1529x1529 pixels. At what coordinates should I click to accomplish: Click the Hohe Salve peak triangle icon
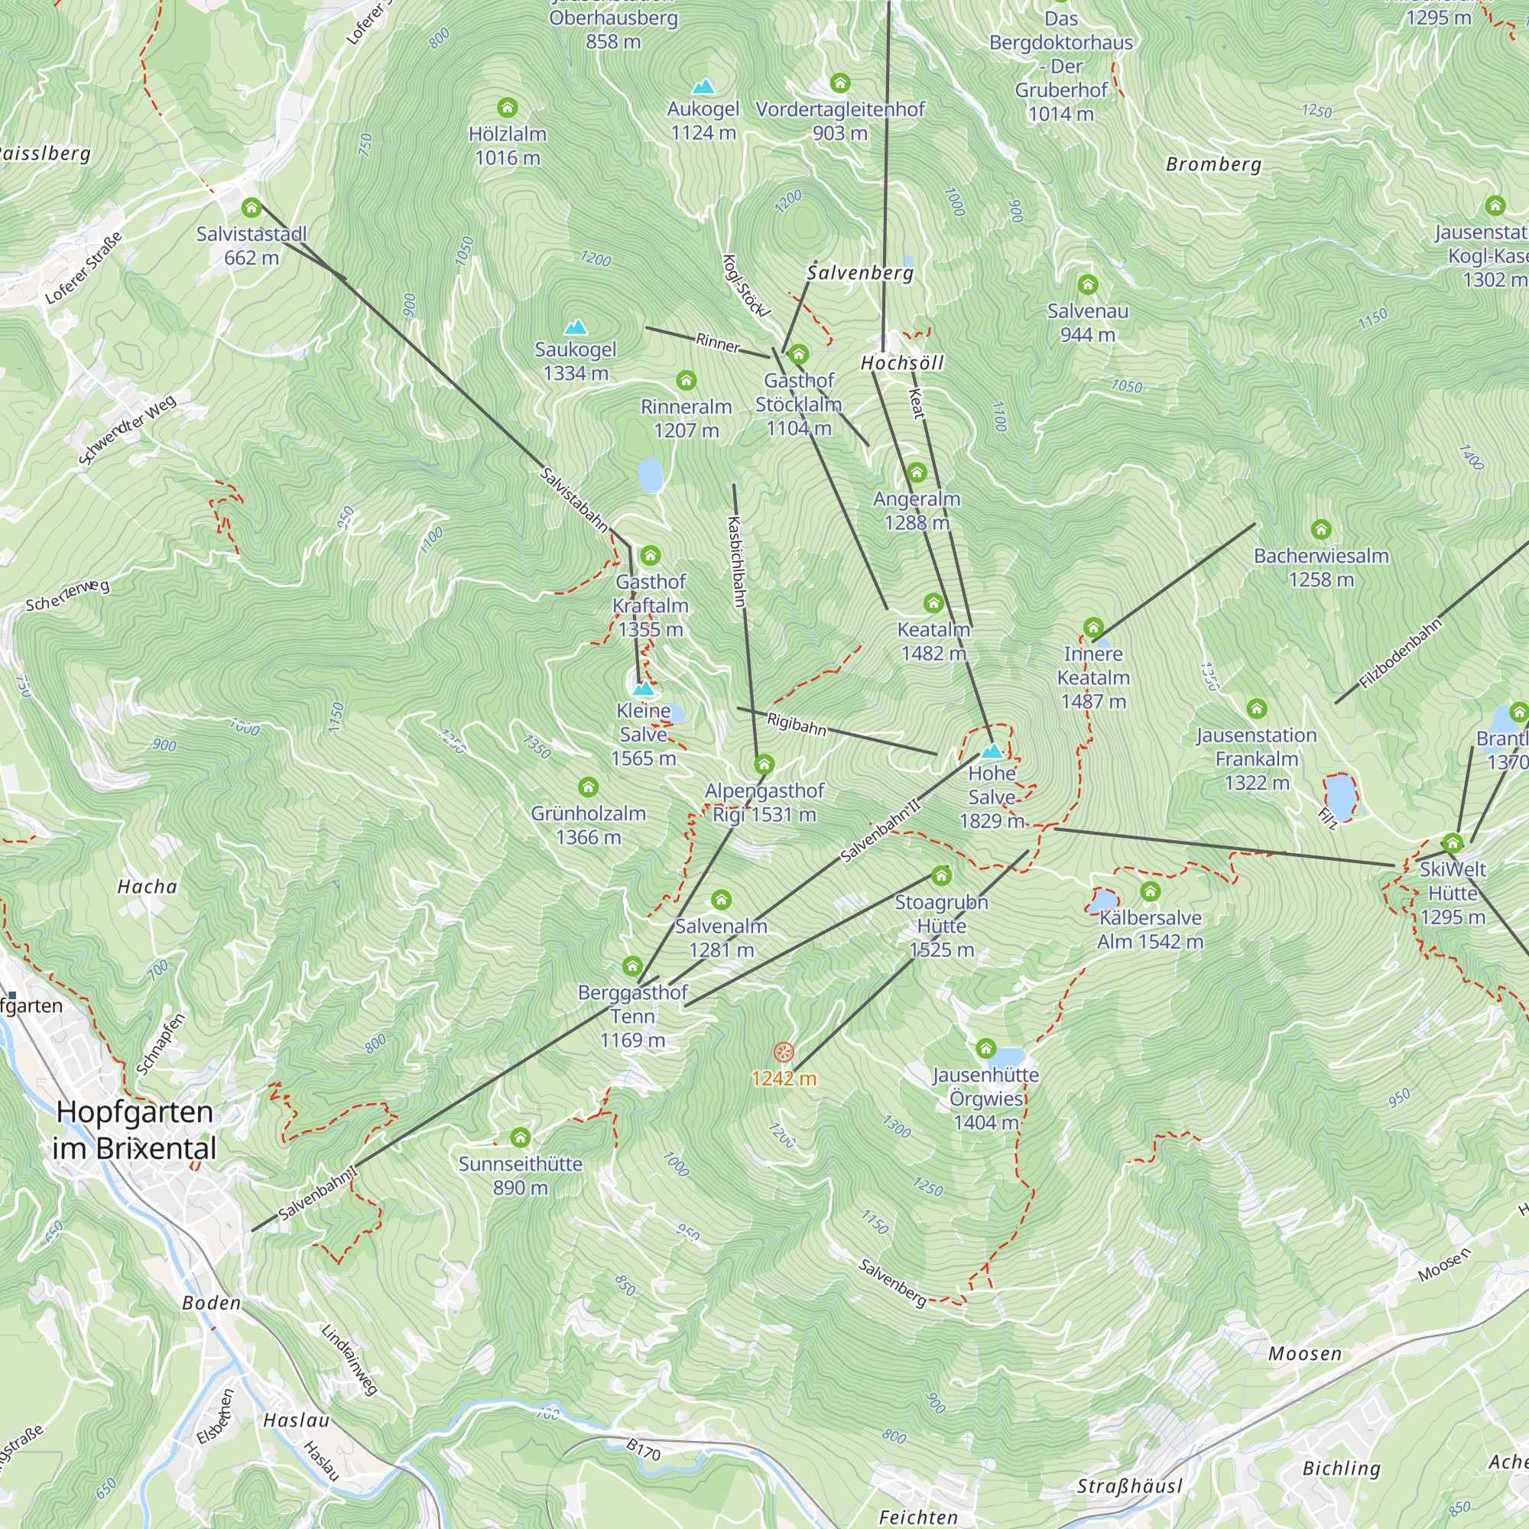coord(991,751)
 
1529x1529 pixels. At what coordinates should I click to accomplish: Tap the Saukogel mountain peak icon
coord(576,327)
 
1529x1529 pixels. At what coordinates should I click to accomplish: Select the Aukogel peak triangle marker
coord(703,86)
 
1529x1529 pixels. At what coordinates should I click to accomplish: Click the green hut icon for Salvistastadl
coord(251,207)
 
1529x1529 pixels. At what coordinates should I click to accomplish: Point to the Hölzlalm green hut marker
coord(508,107)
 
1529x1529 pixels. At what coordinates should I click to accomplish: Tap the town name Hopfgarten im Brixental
coord(135,1130)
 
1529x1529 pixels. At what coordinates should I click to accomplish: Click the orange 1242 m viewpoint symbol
coord(783,1052)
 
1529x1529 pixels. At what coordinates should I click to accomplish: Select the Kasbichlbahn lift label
coord(736,561)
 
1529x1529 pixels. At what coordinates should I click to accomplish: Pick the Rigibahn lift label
coord(796,723)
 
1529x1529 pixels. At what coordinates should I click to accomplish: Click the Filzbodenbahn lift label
coord(1401,654)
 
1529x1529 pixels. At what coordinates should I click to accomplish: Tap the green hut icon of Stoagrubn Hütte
coord(941,875)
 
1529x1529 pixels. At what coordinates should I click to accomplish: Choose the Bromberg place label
coord(1213,164)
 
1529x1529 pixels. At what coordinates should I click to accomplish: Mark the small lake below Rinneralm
coord(650,475)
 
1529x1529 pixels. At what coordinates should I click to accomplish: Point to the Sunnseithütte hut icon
coord(520,1138)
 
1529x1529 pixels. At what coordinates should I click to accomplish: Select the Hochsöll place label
coord(902,363)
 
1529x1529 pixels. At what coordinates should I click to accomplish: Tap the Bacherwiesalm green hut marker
coord(1321,529)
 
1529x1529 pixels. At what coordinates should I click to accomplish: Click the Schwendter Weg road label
coord(127,430)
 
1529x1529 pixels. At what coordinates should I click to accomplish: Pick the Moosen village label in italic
coord(1305,1354)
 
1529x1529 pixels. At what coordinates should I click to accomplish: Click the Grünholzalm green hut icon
coord(588,787)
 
